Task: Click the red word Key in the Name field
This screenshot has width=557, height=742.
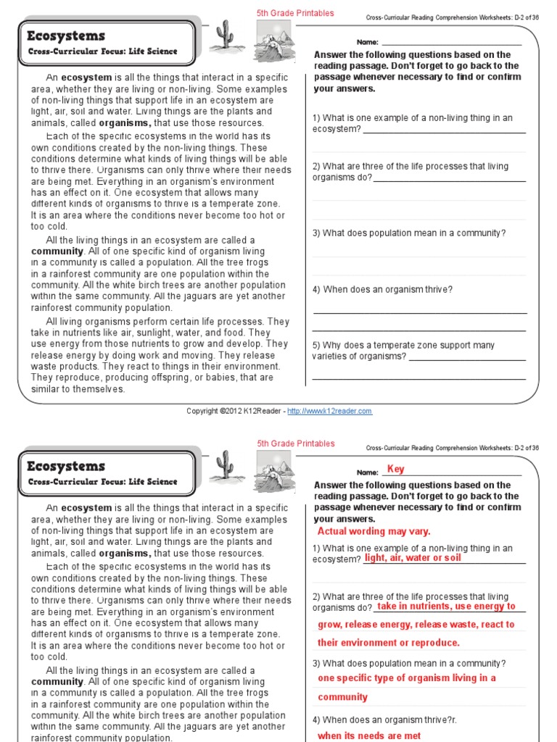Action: [x=395, y=469]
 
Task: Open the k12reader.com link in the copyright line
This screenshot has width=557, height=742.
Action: [x=329, y=411]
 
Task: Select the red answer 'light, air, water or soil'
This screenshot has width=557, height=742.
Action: [x=412, y=558]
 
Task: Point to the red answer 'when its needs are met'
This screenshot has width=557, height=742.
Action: [x=369, y=735]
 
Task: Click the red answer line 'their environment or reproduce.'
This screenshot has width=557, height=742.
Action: [x=389, y=643]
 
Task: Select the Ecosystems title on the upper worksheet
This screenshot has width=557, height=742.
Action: [x=66, y=36]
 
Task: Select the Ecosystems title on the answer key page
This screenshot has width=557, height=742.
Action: [x=66, y=466]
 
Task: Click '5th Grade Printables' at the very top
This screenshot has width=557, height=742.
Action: [x=295, y=13]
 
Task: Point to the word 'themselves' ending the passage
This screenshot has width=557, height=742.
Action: [x=102, y=389]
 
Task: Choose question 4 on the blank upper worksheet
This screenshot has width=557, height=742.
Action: [x=382, y=290]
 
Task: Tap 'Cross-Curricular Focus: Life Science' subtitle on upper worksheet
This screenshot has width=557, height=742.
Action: [x=102, y=51]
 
